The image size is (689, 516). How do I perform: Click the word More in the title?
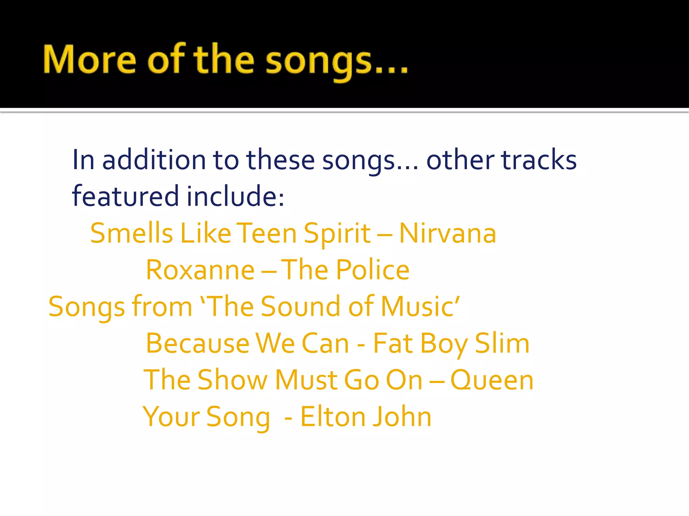coord(89,59)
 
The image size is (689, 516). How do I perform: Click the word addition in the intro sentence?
coord(154,160)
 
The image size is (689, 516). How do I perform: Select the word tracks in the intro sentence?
coord(539,160)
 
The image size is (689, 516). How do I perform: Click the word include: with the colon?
coord(235,196)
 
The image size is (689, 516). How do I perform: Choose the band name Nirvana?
coord(447,233)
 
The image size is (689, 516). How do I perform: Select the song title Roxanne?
coord(200,270)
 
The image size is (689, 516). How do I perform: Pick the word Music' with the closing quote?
coord(420,306)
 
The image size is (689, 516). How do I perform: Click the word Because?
coord(197,343)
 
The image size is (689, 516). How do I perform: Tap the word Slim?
coord(502,343)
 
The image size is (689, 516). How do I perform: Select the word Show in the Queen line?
coord(232,380)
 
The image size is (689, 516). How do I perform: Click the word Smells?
coord(132,233)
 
